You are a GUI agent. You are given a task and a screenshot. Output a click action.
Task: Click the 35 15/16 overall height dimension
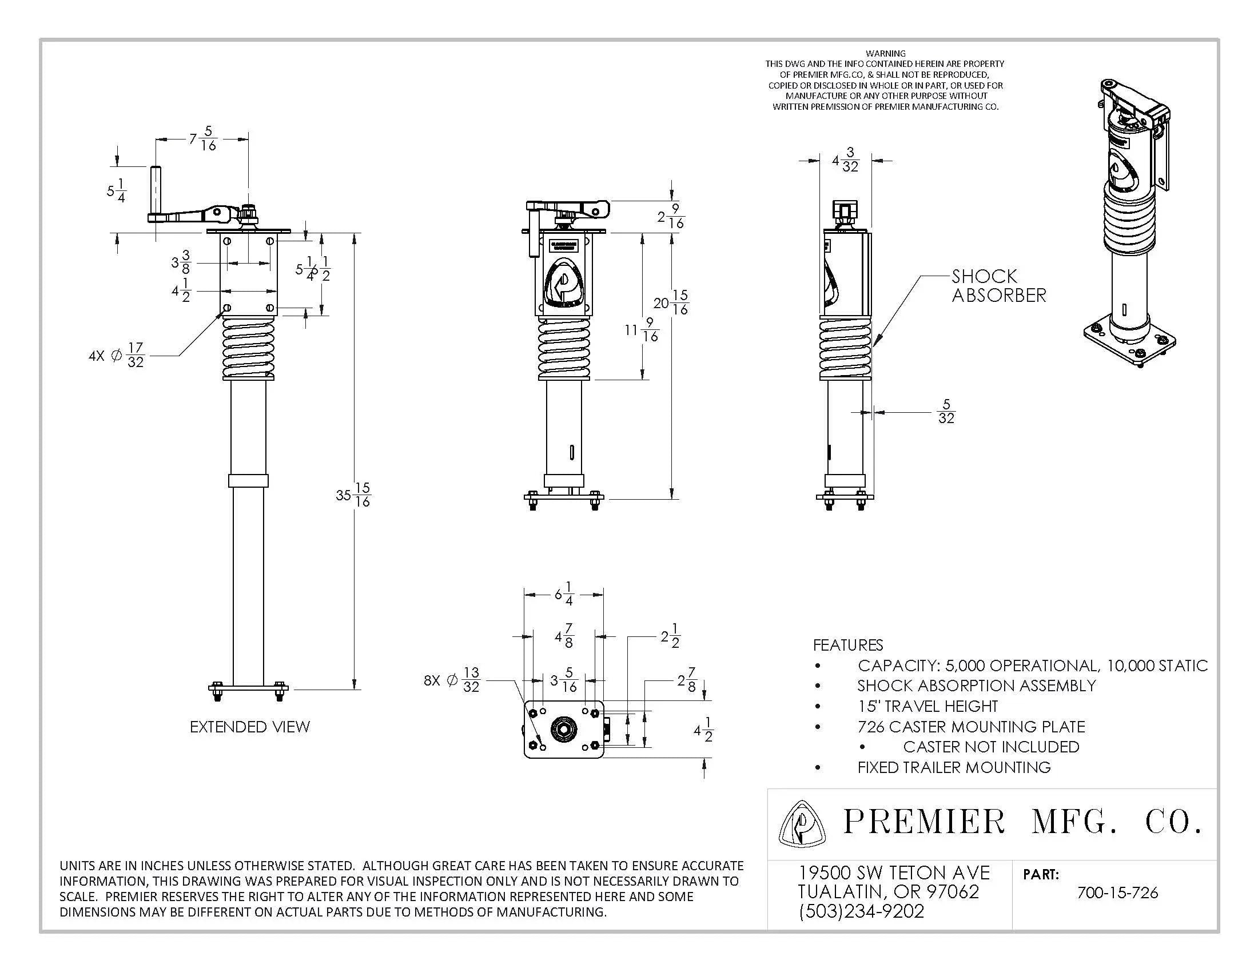pyautogui.click(x=353, y=495)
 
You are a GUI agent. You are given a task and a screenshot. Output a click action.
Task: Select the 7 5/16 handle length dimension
pyautogui.click(x=203, y=139)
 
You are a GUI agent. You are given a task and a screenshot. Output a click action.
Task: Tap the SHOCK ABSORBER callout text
pyautogui.click(x=998, y=286)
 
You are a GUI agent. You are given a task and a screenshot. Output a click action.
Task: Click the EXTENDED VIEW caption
pyautogui.click(x=249, y=727)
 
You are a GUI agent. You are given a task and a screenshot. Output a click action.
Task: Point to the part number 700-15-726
pyautogui.click(x=1117, y=893)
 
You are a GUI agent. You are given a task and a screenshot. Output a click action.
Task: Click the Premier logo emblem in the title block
pyautogui.click(x=802, y=824)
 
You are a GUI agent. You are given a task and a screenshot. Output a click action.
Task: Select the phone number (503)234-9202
pyautogui.click(x=861, y=911)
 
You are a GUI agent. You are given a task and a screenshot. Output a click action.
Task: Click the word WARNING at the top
pyautogui.click(x=885, y=53)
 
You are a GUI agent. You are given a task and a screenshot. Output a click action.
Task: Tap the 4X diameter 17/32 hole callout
pyautogui.click(x=116, y=355)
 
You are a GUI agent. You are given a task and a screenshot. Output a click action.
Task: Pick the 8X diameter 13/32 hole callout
pyautogui.click(x=452, y=680)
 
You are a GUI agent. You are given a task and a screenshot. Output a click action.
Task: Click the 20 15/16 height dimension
pyautogui.click(x=671, y=302)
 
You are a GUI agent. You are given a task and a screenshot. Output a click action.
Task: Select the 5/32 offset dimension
pyautogui.click(x=946, y=412)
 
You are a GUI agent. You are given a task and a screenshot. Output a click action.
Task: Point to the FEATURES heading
pyautogui.click(x=847, y=645)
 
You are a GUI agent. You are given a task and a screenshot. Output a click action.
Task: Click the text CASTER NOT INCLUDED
pyautogui.click(x=990, y=747)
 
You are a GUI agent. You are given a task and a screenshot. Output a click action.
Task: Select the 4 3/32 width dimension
pyautogui.click(x=845, y=160)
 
